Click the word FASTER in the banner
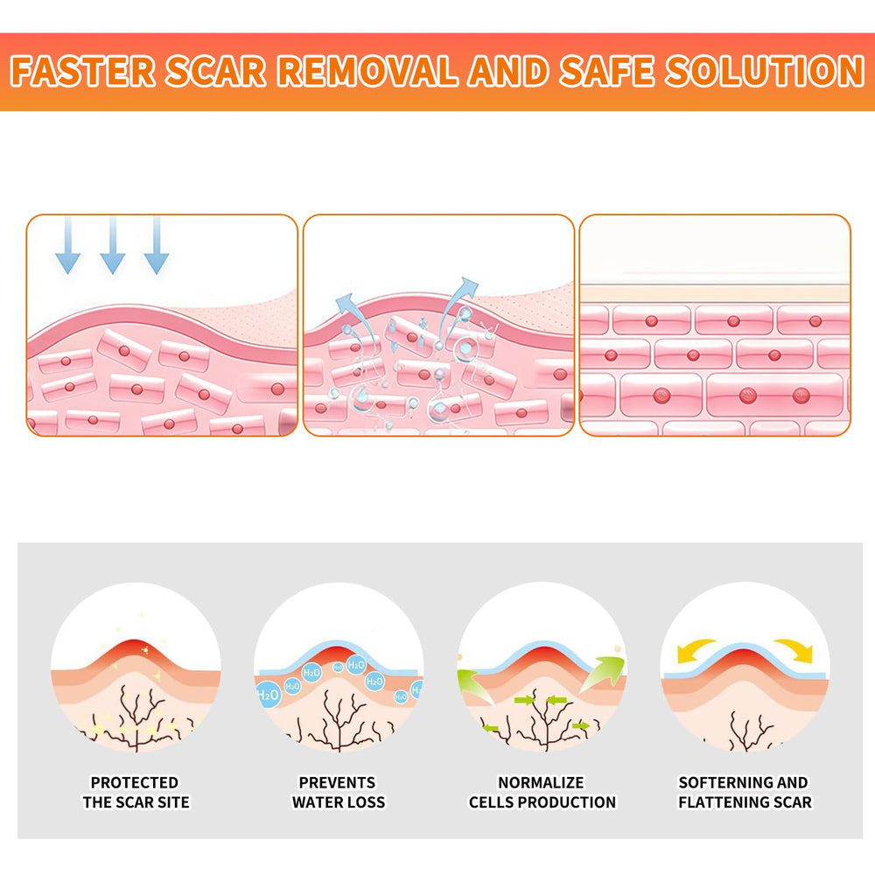coord(82,72)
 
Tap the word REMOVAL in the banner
coord(367,72)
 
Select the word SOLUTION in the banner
coord(765,72)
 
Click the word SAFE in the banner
coord(606,72)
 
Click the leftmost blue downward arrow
coord(68,246)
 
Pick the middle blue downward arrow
coord(113,246)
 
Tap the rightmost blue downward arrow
coord(157,246)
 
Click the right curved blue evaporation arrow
coord(457,307)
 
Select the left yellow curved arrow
coord(696,649)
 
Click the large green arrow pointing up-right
coord(603,673)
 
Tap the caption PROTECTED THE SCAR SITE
coord(136,793)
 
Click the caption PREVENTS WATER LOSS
coord(338,793)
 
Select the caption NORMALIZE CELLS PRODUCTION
coord(542,793)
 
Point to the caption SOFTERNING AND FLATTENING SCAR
coord(745,793)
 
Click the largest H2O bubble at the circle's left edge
coord(268,694)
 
